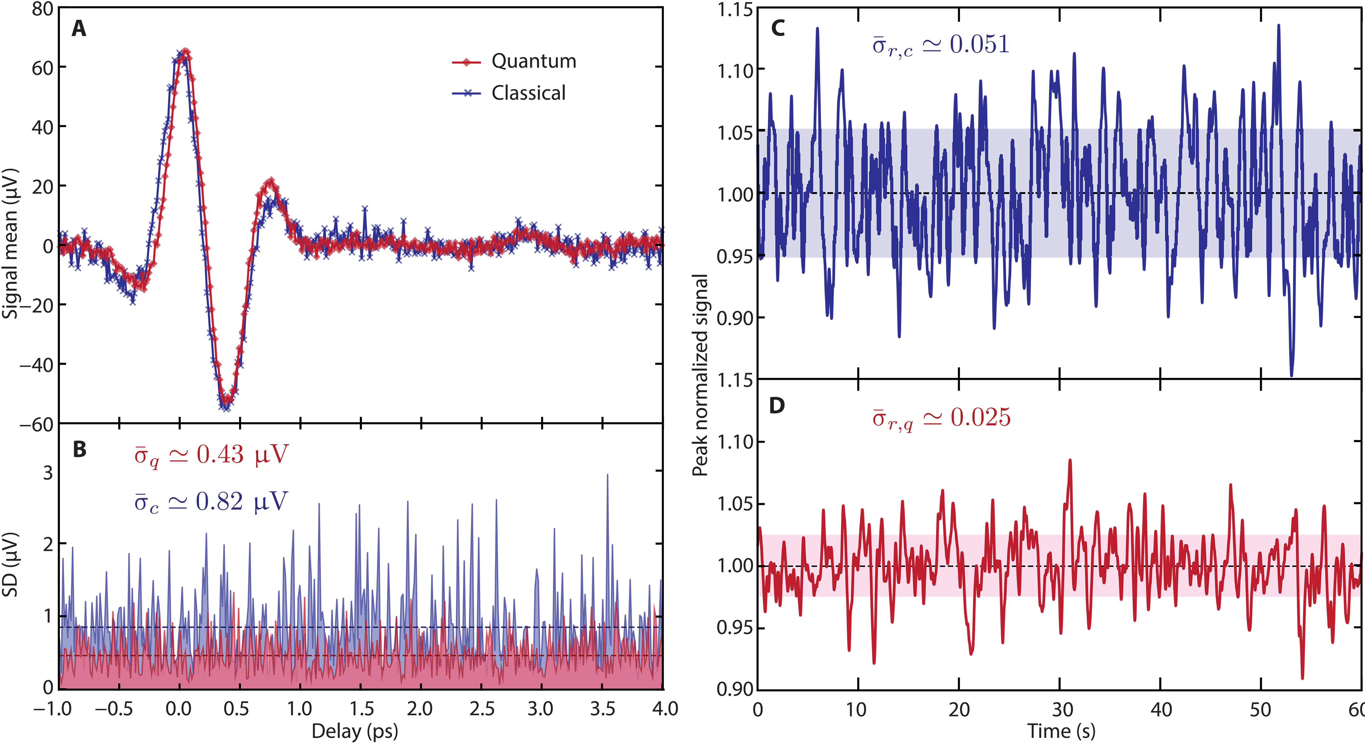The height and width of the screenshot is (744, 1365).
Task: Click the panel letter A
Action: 79,29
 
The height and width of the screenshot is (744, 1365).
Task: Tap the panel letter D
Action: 776,405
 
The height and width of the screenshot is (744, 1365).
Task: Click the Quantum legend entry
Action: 533,61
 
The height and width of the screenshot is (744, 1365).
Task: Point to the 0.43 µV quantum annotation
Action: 242,454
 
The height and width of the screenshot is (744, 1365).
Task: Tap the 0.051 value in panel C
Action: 979,45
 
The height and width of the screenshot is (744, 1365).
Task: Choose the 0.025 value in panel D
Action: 980,418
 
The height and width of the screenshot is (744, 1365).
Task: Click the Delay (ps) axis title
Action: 354,731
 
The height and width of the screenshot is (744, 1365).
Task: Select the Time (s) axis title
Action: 1061,731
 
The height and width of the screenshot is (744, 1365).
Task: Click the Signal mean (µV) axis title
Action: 11,244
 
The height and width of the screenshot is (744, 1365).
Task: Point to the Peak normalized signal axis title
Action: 700,375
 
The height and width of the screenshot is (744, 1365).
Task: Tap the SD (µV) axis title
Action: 11,564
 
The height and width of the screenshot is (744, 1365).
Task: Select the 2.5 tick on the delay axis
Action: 481,708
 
